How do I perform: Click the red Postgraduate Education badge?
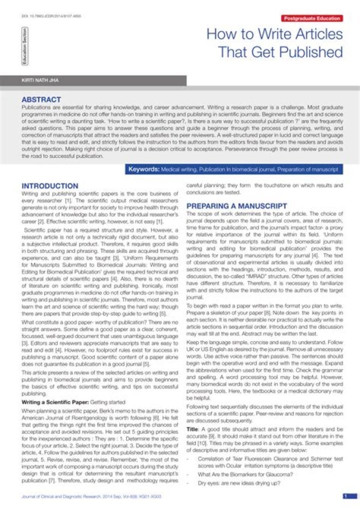tap(312, 18)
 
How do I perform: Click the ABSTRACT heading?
tap(41, 99)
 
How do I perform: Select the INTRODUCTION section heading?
tap(49, 186)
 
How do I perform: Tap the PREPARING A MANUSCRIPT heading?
tap(236, 206)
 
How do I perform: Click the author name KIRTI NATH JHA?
tap(37, 80)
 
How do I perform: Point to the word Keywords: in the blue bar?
tap(144, 169)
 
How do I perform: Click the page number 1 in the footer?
tap(345, 496)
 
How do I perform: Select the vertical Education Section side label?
tap(24, 46)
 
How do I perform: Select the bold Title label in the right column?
tap(192, 429)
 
